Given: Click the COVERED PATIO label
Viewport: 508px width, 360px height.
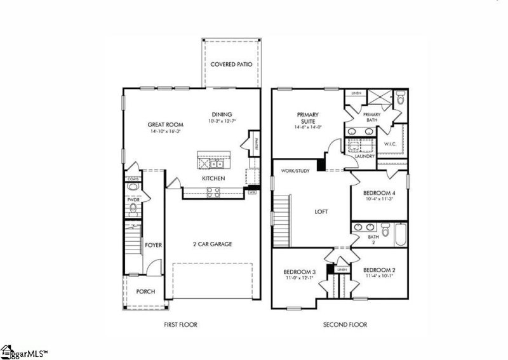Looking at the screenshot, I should pyautogui.click(x=232, y=64).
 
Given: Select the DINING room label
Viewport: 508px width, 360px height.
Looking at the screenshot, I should pyautogui.click(x=222, y=114).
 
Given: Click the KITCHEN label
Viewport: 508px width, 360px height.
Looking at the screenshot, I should pyautogui.click(x=213, y=179).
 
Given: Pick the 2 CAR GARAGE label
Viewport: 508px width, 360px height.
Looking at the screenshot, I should pyautogui.click(x=213, y=244).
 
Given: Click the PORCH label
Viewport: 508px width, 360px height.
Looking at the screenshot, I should pyautogui.click(x=145, y=292).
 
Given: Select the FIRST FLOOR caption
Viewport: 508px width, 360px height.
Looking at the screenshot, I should pyautogui.click(x=180, y=324).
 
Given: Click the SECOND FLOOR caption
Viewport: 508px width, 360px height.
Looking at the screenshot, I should pyautogui.click(x=345, y=324).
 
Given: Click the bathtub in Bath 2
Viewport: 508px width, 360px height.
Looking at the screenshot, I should pyautogui.click(x=398, y=236).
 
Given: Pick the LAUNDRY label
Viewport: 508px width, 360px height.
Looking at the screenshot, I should pyautogui.click(x=364, y=156).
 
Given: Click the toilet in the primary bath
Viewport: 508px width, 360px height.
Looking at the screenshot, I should pyautogui.click(x=400, y=99).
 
